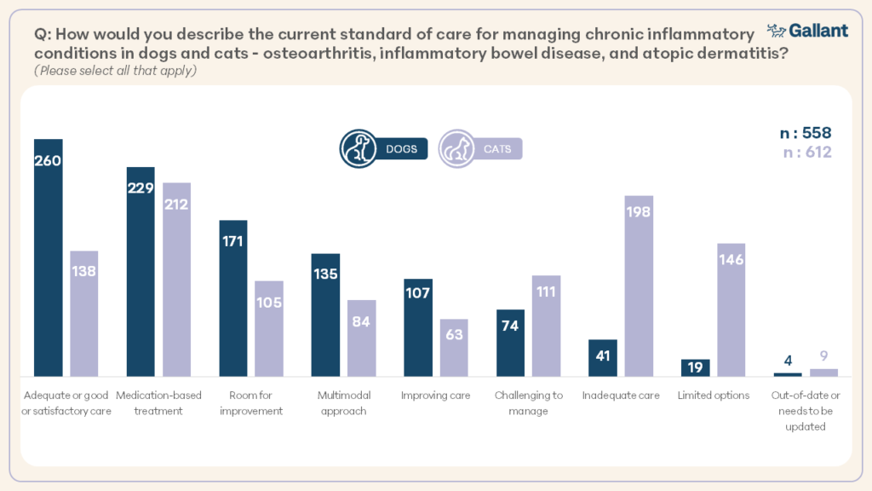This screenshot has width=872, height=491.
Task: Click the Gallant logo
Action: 807,31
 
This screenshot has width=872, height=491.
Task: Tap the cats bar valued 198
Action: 639,285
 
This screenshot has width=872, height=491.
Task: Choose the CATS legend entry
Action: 480,149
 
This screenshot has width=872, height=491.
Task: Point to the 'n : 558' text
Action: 805,133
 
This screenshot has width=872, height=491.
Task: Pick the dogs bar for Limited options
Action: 695,367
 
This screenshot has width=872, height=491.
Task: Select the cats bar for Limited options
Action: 731,309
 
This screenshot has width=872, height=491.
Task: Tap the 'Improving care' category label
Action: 436,396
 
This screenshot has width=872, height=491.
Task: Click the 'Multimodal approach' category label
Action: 342,403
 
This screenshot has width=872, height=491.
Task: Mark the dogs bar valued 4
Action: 788,374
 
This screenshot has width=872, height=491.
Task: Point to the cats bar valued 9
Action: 823,372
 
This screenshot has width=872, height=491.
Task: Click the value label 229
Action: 141,188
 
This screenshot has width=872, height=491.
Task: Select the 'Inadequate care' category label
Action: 621,396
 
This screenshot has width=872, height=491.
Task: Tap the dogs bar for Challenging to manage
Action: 510,343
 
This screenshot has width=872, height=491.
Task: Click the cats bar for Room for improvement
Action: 269,328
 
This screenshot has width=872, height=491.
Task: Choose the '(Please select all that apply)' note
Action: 116,70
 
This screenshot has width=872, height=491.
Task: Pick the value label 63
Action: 454,334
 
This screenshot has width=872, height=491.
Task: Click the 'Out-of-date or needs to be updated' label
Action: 806,411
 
